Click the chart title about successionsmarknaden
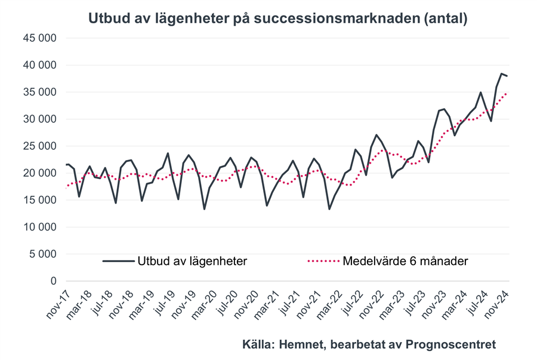point(277,19)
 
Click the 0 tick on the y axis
point(53,281)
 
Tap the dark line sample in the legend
point(118,261)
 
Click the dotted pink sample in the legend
point(323,261)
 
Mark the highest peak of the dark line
point(502,73)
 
